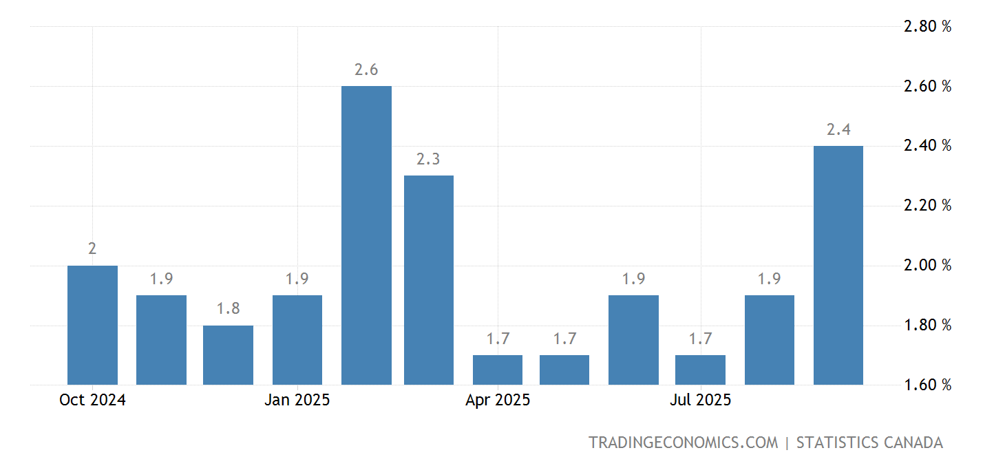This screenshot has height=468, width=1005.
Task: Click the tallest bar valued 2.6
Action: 366,235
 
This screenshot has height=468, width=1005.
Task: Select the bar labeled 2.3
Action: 428,279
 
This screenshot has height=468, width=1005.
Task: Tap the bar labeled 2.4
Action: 838,265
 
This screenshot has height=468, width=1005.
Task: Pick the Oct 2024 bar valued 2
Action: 92,325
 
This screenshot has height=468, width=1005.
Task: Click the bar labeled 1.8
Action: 228,354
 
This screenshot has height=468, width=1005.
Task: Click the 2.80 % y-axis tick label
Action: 927,27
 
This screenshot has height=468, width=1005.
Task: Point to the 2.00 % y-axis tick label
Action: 927,266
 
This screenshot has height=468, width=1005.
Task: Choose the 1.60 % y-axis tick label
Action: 927,385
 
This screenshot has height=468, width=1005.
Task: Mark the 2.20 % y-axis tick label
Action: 927,206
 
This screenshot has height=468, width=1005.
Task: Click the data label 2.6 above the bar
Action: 366,70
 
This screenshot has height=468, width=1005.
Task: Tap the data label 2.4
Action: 838,130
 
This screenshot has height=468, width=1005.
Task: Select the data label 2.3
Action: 428,160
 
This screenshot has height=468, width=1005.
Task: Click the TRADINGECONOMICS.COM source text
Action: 683,443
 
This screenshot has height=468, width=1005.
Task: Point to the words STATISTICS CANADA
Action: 869,443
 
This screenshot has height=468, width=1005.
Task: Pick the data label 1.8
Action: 228,309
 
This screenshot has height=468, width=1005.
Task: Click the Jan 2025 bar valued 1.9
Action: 297,339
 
